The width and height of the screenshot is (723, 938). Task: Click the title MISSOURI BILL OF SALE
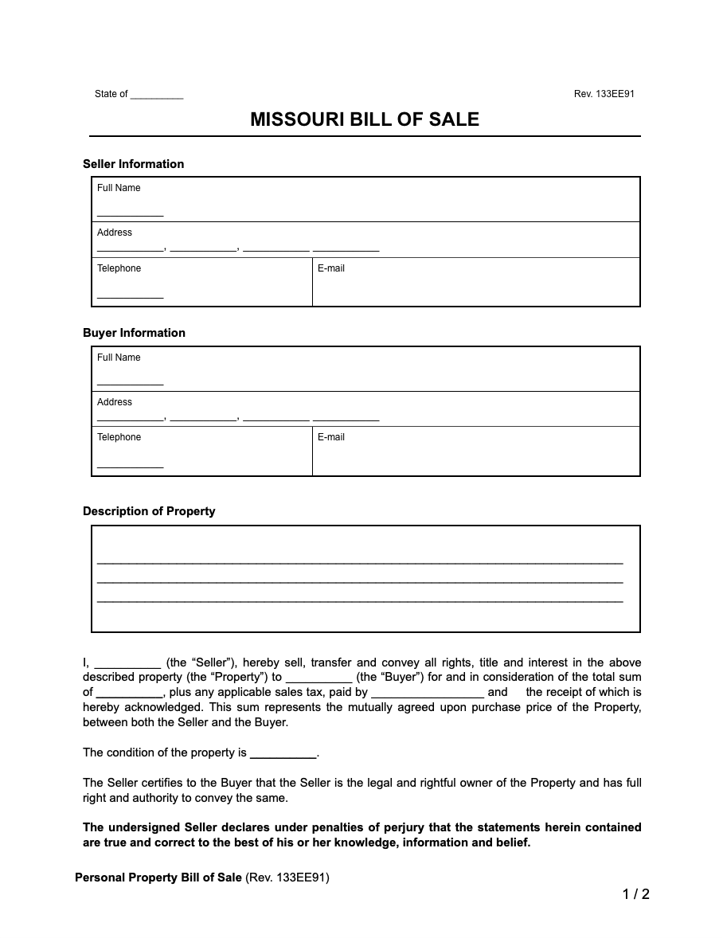(365, 119)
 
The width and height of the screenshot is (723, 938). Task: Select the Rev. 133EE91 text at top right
(604, 94)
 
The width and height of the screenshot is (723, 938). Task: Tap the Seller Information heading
(133, 164)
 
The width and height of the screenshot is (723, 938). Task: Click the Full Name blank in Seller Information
(130, 213)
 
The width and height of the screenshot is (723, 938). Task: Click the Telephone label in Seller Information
(119, 268)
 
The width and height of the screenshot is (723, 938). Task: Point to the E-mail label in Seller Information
(331, 268)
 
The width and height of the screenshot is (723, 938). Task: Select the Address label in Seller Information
(115, 233)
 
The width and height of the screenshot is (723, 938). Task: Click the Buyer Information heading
(134, 333)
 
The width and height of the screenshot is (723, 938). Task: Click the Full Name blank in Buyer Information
(130, 383)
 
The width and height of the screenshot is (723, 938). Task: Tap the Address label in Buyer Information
(115, 402)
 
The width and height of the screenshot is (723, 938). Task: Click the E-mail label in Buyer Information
(331, 437)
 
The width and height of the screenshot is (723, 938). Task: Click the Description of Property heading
(149, 511)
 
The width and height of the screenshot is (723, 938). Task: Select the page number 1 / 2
(636, 894)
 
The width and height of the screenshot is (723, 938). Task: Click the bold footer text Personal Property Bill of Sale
(158, 877)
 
